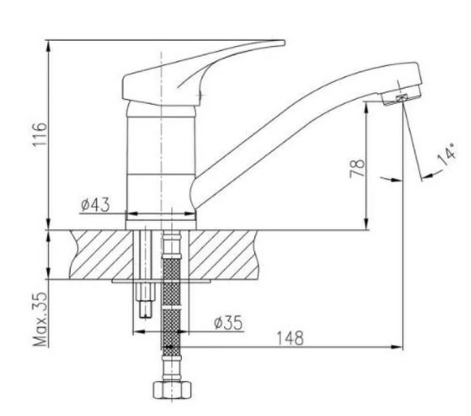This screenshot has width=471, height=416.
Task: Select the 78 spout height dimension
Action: pos(358,169)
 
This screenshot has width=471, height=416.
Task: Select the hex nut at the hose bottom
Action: pos(171,389)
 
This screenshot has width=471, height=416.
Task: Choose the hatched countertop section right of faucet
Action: pos(227,252)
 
